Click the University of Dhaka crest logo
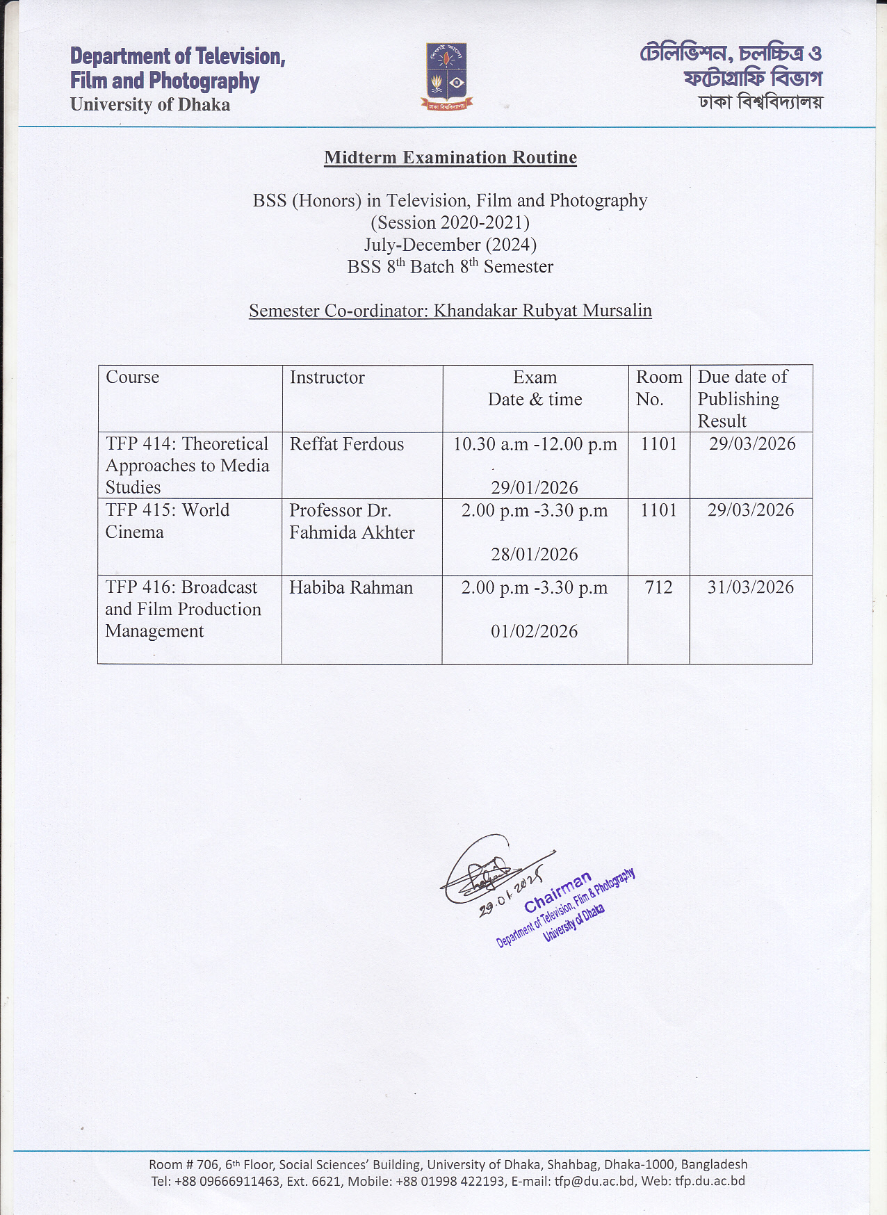click(x=446, y=76)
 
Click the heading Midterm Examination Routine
click(x=450, y=158)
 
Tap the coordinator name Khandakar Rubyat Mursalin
click(x=542, y=311)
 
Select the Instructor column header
click(x=327, y=377)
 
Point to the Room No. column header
click(x=658, y=388)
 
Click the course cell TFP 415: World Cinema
click(x=167, y=521)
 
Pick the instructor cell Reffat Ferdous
click(x=346, y=444)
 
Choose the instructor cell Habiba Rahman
click(x=351, y=588)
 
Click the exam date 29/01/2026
click(x=534, y=488)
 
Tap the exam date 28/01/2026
click(x=534, y=555)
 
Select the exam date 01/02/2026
click(x=534, y=632)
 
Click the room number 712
click(x=658, y=588)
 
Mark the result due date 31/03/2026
click(x=751, y=588)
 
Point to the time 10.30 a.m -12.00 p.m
click(x=535, y=444)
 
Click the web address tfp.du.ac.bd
click(x=710, y=1181)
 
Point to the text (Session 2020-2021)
click(x=450, y=222)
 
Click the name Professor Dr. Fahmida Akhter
click(x=352, y=521)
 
